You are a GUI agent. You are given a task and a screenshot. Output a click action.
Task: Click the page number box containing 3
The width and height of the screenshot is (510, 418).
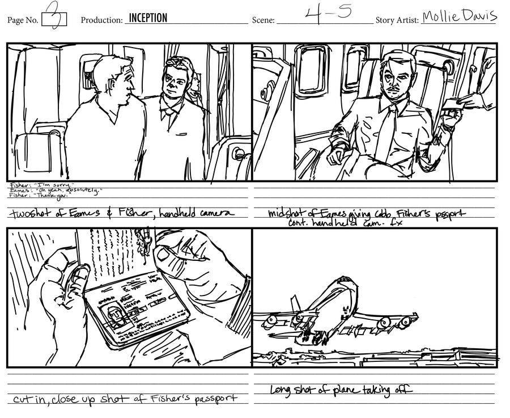54,19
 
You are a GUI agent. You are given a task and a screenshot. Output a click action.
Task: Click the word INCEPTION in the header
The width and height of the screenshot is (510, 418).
148,18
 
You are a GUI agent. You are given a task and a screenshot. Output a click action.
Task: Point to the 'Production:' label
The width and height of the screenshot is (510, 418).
101,20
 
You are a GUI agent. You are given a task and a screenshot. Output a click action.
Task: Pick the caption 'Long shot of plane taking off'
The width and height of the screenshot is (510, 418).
341,390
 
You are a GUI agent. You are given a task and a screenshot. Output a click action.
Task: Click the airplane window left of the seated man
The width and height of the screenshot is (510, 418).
310,70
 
